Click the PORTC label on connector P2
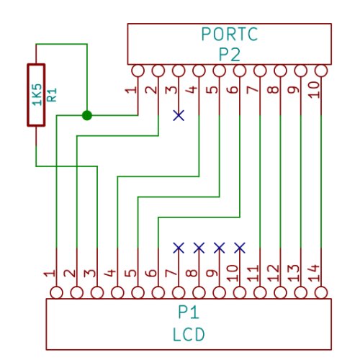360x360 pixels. [230, 34]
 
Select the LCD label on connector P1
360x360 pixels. [189, 335]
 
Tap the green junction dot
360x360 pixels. [87, 115]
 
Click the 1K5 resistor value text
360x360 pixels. [37, 94]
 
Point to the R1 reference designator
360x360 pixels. [52, 94]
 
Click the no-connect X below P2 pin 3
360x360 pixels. [179, 115]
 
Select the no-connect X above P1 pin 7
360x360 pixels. [179, 248]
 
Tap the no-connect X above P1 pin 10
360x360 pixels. [240, 248]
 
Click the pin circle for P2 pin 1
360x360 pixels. [138, 71]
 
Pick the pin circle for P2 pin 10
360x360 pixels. [321, 71]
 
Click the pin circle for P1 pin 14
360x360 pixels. [321, 293]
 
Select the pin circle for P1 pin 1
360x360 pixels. [56, 293]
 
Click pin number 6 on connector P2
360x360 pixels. [232, 89]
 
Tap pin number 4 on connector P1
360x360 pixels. [109, 273]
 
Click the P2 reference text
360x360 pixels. [230, 55]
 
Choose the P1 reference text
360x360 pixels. [189, 312]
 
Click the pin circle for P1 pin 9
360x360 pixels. [220, 293]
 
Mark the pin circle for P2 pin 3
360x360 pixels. [179, 71]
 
